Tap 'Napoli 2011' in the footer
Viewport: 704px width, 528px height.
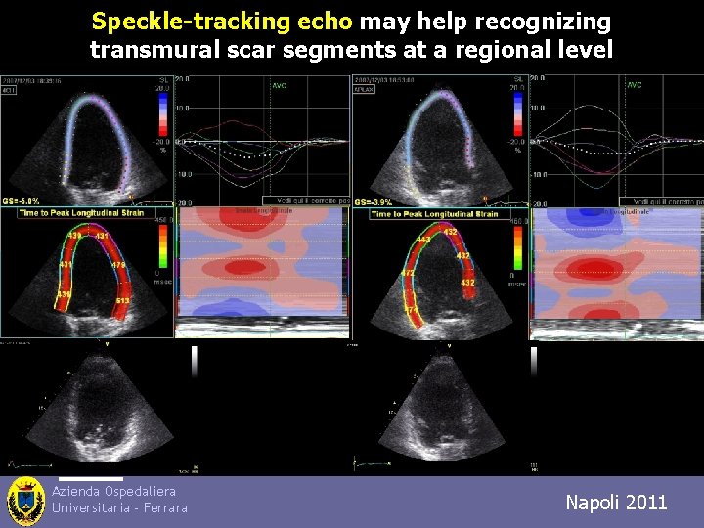point(616,503)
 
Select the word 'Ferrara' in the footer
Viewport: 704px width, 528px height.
point(161,507)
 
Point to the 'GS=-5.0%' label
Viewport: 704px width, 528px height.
point(22,200)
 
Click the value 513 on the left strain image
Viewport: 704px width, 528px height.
point(122,300)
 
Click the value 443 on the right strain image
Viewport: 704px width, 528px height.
point(425,240)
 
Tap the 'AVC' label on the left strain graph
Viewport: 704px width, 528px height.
point(280,85)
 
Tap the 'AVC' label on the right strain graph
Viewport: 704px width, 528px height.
point(634,85)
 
